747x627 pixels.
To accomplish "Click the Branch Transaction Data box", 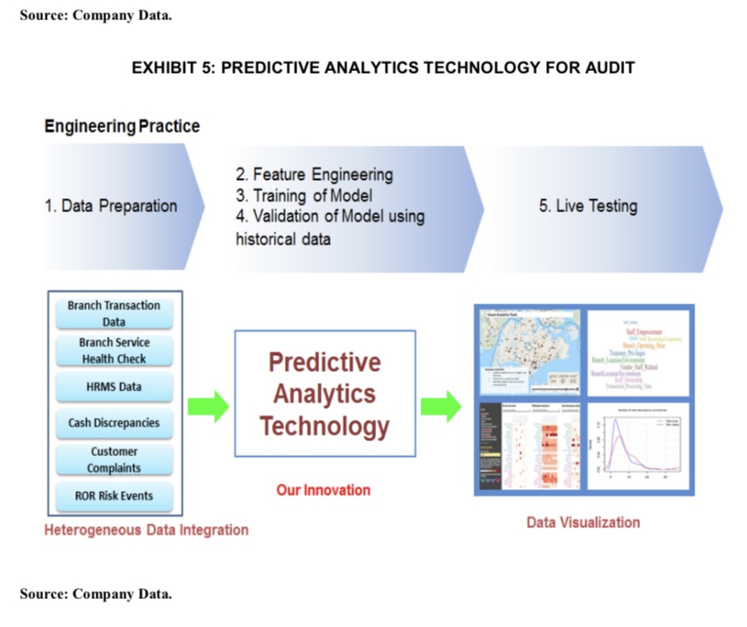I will tap(114, 313).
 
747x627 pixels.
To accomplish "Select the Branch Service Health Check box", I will tap(114, 351).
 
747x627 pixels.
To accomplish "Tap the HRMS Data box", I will tap(114, 387).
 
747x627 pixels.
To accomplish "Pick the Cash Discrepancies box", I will tap(114, 423).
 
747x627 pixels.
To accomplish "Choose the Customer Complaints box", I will tap(114, 460).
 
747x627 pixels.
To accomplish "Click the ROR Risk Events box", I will tap(114, 496).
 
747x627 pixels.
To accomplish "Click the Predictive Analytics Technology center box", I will tap(324, 394).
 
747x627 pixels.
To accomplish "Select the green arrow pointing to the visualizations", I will tap(441, 406).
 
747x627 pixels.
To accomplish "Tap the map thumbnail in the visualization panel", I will tap(528, 352).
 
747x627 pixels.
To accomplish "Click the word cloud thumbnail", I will tap(638, 352).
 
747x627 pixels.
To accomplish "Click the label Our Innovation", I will tap(324, 490).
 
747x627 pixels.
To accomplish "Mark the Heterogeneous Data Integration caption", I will tap(146, 530).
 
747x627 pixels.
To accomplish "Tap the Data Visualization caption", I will tap(583, 523).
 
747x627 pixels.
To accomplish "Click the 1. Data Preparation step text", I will tap(110, 207).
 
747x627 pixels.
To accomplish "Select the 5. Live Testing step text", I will tap(587, 207).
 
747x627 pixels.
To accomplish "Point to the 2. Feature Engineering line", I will tap(314, 175).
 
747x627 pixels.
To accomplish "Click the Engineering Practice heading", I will tap(122, 126).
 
